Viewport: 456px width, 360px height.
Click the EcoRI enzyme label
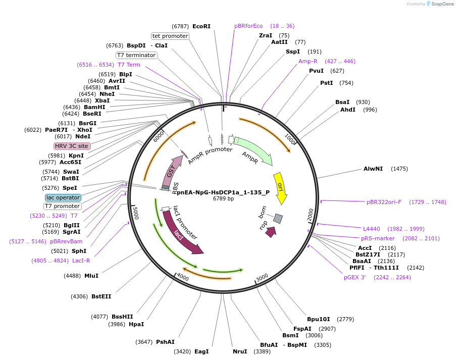pos(201,26)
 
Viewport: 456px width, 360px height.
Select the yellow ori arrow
pos(280,188)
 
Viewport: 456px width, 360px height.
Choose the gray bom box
pos(278,219)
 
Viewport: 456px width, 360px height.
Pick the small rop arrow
pos(271,232)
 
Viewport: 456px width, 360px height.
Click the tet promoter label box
pos(170,36)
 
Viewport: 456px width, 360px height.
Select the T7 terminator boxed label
pos(136,55)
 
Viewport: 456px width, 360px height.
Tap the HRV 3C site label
pos(72,146)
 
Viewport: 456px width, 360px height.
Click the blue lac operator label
pos(63,197)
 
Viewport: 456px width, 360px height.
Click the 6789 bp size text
pos(223,199)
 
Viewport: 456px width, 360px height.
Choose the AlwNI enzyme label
pos(373,169)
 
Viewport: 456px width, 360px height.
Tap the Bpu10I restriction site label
pos(318,319)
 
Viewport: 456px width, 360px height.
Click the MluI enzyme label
pos(91,276)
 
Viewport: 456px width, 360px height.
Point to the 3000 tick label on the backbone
pos(262,277)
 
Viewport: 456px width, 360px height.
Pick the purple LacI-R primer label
pos(81,261)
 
